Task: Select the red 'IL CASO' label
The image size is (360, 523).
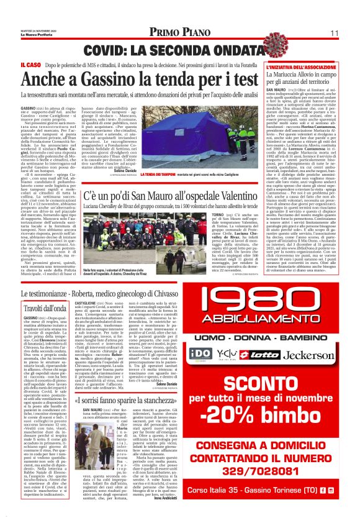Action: [30, 64]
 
